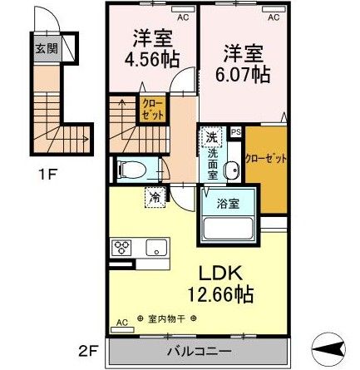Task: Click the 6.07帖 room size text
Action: pos(243,73)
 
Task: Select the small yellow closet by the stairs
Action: pos(153,110)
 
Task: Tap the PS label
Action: pos(235,131)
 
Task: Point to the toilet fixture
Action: pos(134,170)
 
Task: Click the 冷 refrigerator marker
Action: pos(155,197)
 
